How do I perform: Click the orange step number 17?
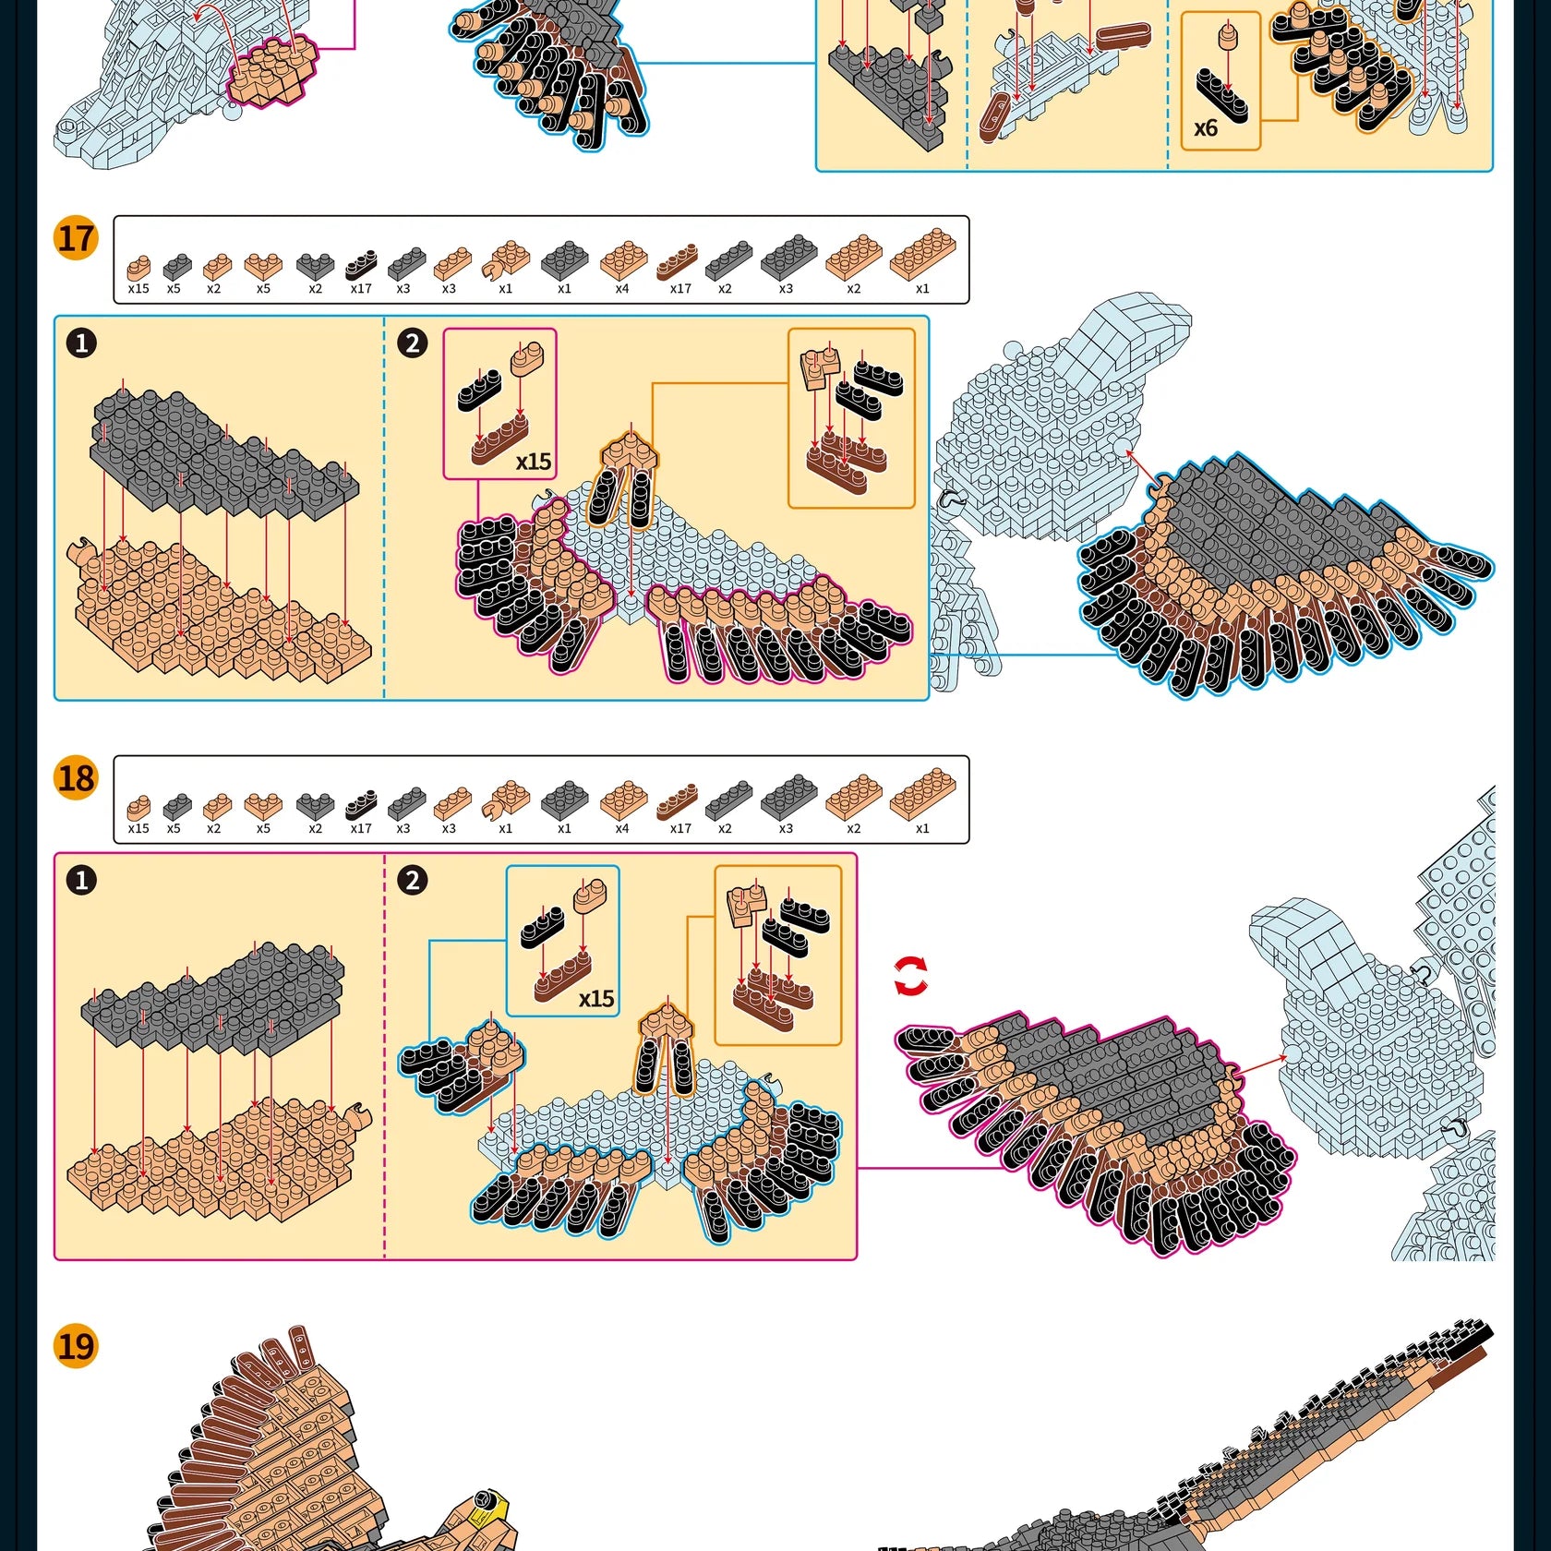tap(76, 238)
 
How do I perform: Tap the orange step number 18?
tap(76, 777)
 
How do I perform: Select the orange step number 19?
tap(76, 1345)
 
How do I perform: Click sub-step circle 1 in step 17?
tap(81, 343)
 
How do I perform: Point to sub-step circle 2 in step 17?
tap(412, 343)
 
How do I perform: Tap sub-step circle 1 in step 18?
tap(81, 880)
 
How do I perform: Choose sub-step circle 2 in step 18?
tap(412, 880)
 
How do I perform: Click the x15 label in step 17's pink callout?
tap(533, 462)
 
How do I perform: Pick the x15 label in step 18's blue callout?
tap(596, 999)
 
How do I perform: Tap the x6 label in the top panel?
tap(1206, 128)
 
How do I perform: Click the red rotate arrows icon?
tap(911, 977)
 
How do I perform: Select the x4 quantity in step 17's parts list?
tap(622, 289)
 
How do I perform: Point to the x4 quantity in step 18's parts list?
tap(622, 829)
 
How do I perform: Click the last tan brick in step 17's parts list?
tap(922, 253)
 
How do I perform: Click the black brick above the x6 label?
tap(1221, 94)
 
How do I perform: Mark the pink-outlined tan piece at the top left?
tap(272, 71)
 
